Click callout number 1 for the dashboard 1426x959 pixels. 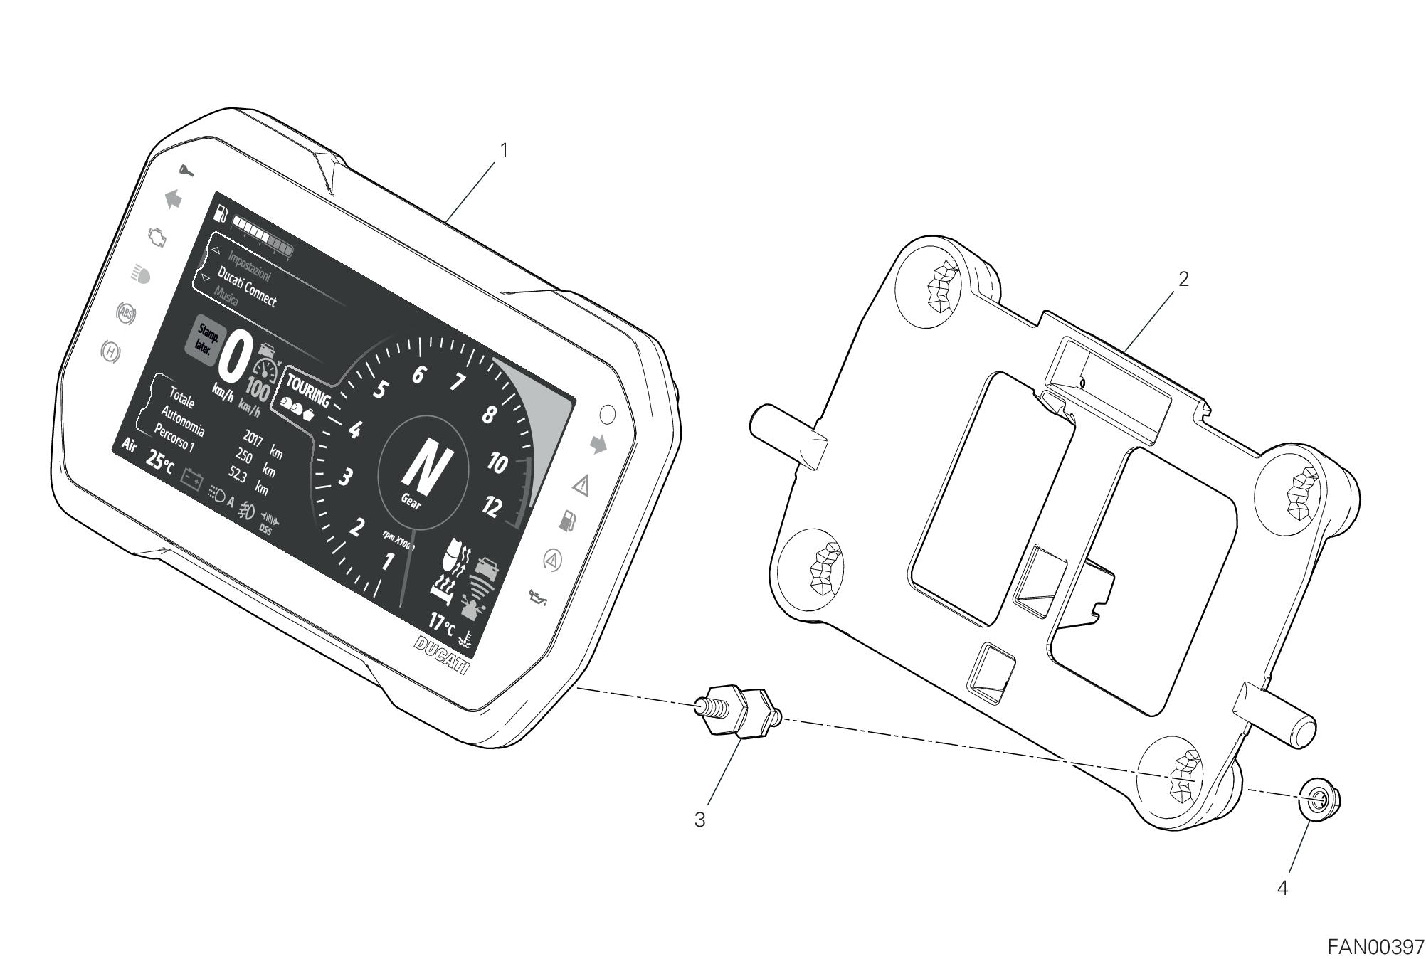point(504,151)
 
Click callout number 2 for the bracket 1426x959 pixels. point(1183,279)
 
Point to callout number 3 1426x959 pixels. point(700,820)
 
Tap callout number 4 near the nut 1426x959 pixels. point(1282,889)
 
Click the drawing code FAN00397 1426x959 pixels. point(1375,947)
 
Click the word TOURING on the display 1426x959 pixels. point(307,391)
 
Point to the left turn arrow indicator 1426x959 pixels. point(173,199)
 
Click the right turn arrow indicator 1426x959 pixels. point(598,445)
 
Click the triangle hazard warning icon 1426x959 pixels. point(581,487)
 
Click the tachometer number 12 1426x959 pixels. point(492,507)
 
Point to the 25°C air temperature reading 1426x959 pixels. point(159,460)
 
